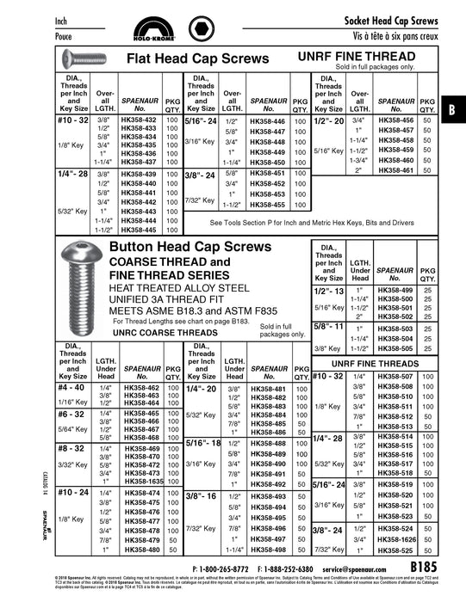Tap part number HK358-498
pos(267,550)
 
